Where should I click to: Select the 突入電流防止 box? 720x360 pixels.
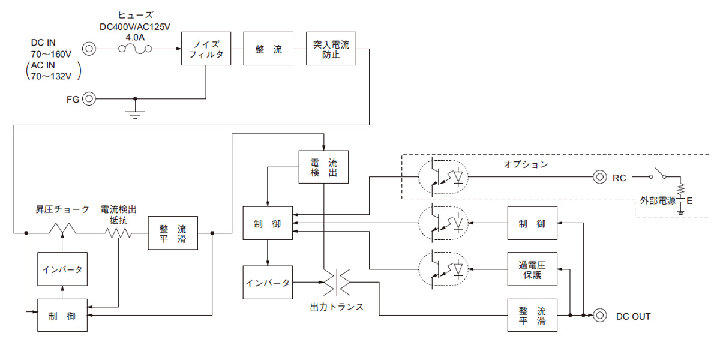(331, 49)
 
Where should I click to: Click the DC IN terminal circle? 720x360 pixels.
(89, 49)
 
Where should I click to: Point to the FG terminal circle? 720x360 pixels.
(89, 98)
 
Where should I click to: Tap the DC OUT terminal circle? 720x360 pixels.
(599, 314)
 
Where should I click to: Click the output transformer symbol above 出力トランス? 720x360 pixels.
(337, 282)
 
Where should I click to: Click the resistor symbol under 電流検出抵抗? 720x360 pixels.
(119, 232)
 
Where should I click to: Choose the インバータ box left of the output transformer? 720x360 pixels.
(268, 282)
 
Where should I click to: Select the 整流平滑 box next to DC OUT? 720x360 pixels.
(532, 315)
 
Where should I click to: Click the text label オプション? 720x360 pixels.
(526, 164)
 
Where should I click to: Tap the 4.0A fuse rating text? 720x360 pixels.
(136, 37)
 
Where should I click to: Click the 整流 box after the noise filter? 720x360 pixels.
(268, 49)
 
